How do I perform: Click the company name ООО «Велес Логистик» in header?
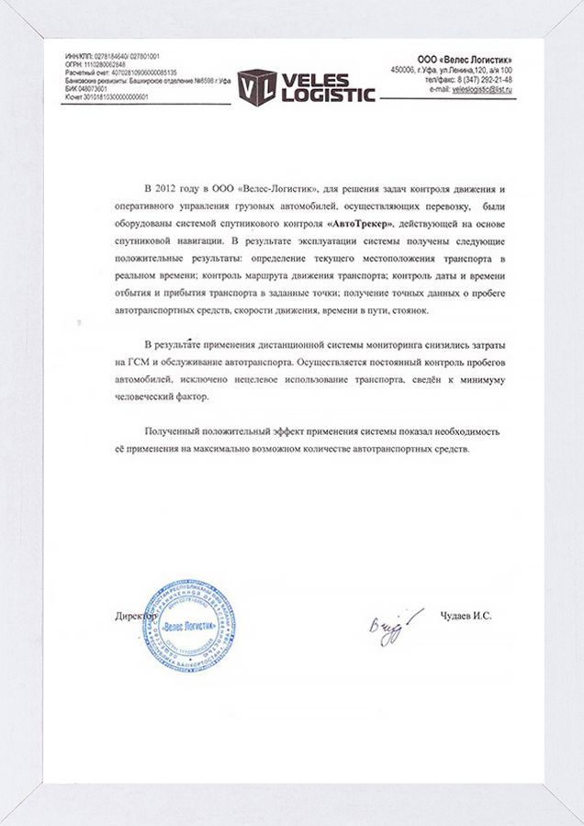click(464, 59)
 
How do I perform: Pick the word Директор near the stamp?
click(136, 616)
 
